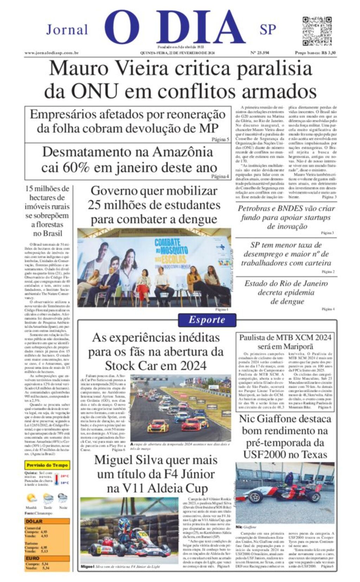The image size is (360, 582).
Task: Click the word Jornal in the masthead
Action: (x=67, y=30)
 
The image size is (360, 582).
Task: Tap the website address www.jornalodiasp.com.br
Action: (x=51, y=53)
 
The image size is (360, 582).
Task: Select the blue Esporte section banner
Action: (x=206, y=320)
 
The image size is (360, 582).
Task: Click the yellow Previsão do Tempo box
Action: (x=47, y=465)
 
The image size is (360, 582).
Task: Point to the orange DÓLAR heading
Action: (x=34, y=522)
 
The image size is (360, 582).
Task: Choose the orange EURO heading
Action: (x=32, y=558)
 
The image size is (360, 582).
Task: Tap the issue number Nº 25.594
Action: (x=259, y=53)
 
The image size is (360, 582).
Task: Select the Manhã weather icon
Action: (x=31, y=498)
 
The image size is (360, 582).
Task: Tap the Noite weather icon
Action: (x=63, y=498)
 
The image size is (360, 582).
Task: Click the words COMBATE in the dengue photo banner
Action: (x=167, y=242)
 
